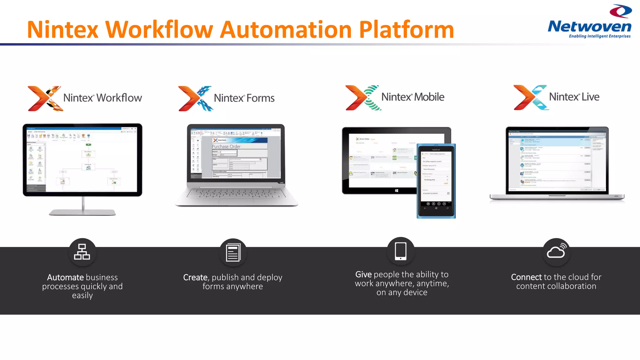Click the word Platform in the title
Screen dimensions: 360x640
(x=406, y=30)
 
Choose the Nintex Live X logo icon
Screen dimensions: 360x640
(x=530, y=97)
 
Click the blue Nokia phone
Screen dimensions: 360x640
(x=436, y=181)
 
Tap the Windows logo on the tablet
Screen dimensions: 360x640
(x=396, y=190)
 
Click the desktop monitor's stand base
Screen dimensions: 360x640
(x=82, y=213)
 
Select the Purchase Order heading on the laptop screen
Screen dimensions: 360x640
(x=226, y=147)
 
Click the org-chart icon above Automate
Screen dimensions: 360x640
(x=82, y=252)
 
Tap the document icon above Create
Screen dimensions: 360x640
(x=233, y=252)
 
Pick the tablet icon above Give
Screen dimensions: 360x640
(x=401, y=251)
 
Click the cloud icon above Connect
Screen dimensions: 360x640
(x=556, y=251)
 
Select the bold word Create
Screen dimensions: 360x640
(x=195, y=277)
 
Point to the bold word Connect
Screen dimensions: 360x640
(x=526, y=277)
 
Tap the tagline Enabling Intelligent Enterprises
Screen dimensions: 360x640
(x=599, y=36)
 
